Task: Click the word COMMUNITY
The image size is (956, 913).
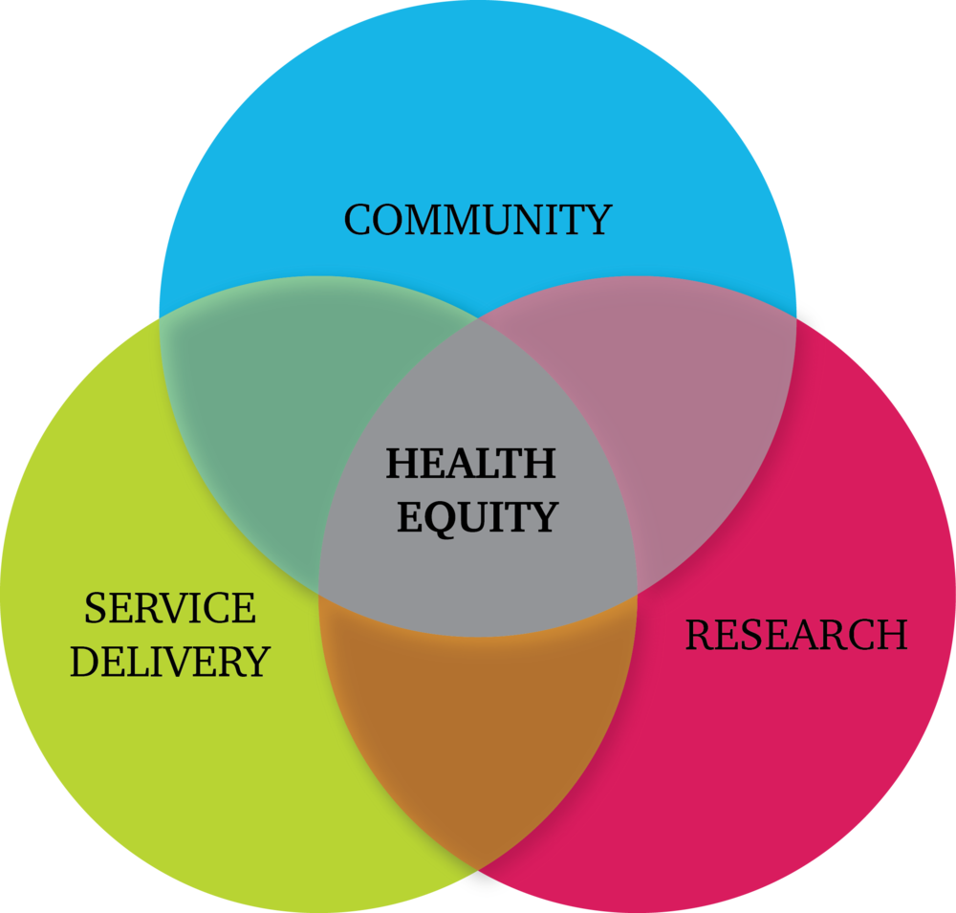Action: click(478, 220)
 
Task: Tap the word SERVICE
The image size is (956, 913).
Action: click(170, 608)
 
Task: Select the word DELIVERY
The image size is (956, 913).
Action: click(170, 662)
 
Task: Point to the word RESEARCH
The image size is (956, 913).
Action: click(796, 634)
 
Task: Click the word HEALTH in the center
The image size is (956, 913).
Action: click(470, 464)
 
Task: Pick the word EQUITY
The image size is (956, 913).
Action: click(477, 518)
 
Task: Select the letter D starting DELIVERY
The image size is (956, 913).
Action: click(85, 662)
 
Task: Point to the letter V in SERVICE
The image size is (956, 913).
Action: click(181, 608)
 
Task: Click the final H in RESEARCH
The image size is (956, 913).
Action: click(890, 634)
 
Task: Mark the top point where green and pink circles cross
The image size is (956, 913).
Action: click(478, 317)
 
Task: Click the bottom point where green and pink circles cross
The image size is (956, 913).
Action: click(478, 869)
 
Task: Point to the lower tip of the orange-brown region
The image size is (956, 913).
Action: click(478, 869)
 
